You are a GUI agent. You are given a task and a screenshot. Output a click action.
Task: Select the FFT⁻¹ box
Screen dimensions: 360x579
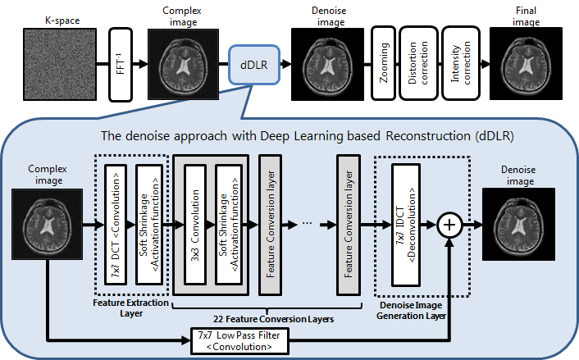[121, 63]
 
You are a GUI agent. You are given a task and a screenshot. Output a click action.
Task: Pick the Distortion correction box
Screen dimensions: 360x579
[420, 63]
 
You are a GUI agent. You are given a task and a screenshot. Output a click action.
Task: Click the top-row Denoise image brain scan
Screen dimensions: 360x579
[326, 63]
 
